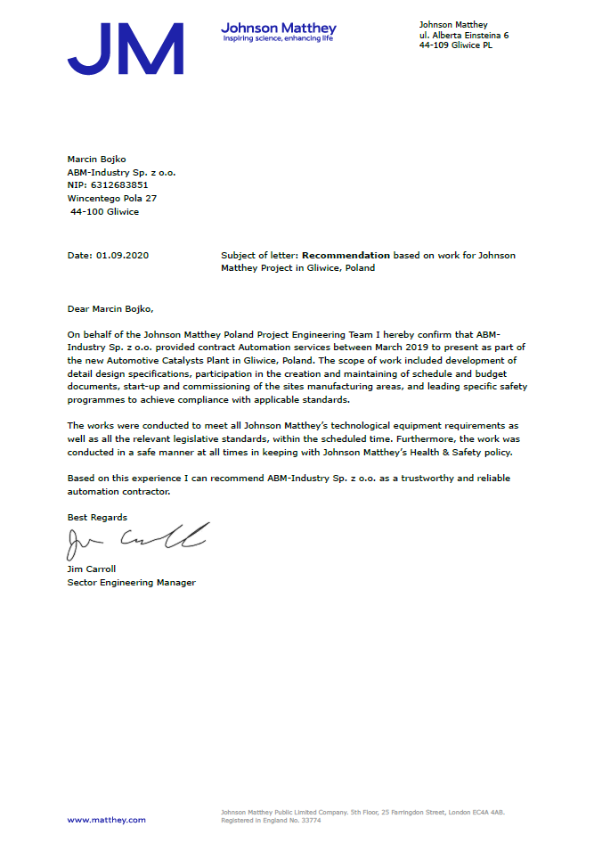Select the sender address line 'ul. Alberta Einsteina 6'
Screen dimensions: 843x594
coord(464,35)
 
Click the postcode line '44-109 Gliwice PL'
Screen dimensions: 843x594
coord(456,45)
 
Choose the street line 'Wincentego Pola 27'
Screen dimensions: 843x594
coord(112,198)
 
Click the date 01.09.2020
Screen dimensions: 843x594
coord(122,256)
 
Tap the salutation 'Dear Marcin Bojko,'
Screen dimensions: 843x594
coord(110,308)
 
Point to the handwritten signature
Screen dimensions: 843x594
coord(138,536)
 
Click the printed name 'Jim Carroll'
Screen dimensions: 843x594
coord(92,569)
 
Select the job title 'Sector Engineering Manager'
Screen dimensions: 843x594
coord(131,583)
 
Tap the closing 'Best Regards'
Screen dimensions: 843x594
coord(97,518)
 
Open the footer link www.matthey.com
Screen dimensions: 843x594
coord(107,820)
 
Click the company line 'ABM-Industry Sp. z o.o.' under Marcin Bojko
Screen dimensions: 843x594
coord(121,171)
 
